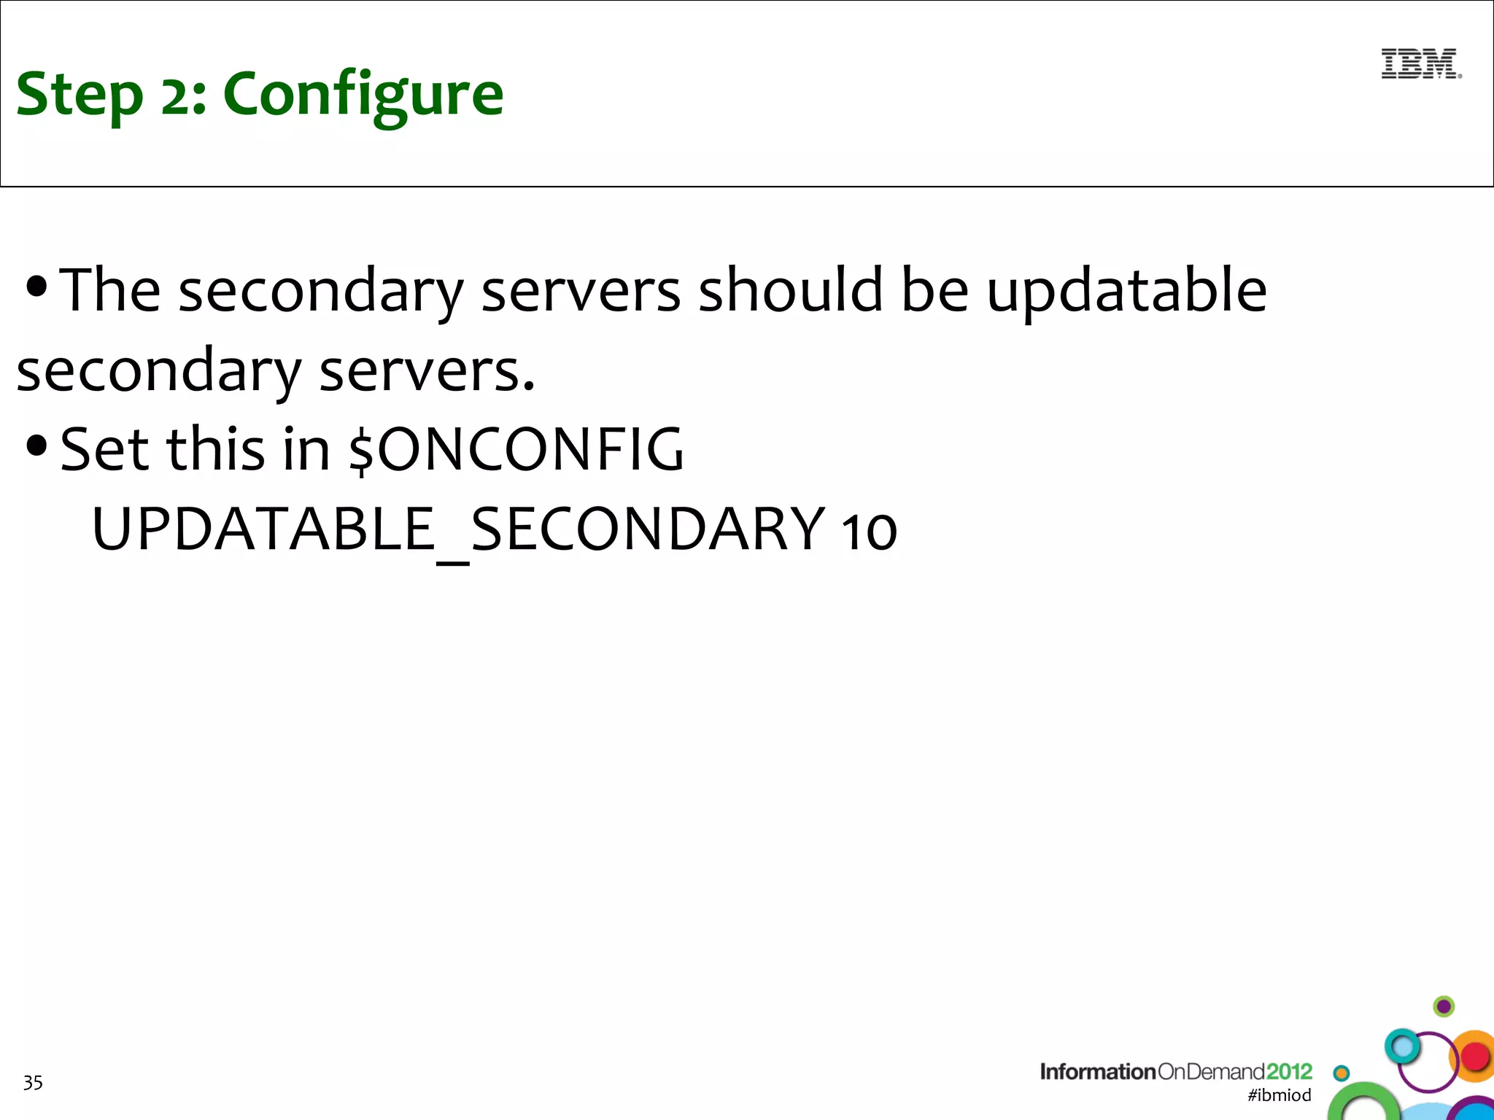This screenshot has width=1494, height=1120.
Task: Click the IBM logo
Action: click(x=1420, y=64)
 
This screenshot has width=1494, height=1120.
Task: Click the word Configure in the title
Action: click(x=363, y=95)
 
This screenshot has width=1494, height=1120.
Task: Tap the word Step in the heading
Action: click(x=80, y=95)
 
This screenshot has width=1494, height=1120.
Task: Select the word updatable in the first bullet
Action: click(x=1126, y=290)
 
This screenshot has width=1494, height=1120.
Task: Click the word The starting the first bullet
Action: click(x=109, y=290)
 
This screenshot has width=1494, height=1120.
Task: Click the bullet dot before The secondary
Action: click(x=36, y=286)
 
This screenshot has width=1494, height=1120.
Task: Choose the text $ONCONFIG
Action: click(x=516, y=449)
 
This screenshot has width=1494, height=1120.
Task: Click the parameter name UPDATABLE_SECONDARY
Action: click(x=458, y=529)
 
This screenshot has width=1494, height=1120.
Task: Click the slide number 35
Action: click(x=33, y=1083)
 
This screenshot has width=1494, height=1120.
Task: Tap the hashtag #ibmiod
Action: click(x=1279, y=1094)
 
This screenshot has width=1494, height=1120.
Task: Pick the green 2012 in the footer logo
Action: click(x=1288, y=1071)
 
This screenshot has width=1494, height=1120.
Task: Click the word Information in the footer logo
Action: click(x=1097, y=1071)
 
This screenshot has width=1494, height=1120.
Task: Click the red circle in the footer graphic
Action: click(x=1475, y=1056)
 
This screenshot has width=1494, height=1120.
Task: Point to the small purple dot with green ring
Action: click(x=1444, y=1007)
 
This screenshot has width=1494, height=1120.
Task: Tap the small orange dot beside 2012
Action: click(x=1341, y=1073)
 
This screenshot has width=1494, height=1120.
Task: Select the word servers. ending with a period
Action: click(x=427, y=370)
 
